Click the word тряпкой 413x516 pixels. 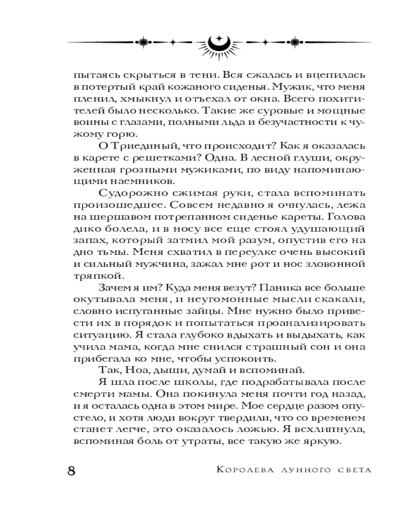coord(93,274)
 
